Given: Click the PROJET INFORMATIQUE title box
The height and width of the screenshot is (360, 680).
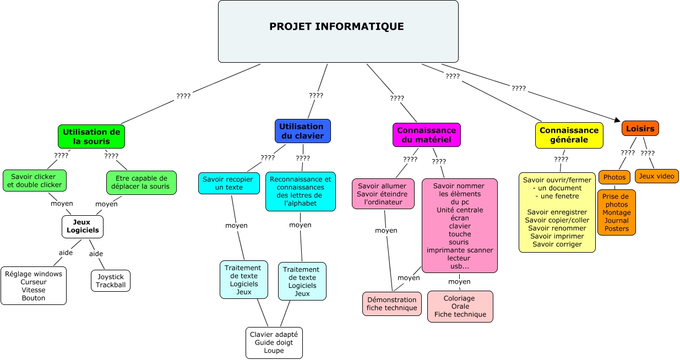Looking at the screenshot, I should click(x=338, y=31).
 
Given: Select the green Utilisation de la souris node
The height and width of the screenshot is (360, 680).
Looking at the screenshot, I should click(x=91, y=137).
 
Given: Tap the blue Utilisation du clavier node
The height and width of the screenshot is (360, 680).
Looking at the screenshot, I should click(x=302, y=131).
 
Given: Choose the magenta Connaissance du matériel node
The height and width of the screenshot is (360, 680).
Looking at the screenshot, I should click(x=426, y=135).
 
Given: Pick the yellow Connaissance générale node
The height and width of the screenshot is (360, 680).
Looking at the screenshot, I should click(x=569, y=135).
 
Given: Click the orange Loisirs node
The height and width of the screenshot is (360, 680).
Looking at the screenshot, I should click(x=640, y=128).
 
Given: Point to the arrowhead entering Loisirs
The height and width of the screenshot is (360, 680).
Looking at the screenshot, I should click(x=618, y=120).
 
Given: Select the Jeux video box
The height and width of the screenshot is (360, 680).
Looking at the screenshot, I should click(x=656, y=176).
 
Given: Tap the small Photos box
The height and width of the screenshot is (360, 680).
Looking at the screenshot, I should click(x=614, y=177).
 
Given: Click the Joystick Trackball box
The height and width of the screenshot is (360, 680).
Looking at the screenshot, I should click(x=111, y=281).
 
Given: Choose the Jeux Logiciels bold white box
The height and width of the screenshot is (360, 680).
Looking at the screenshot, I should click(x=83, y=226).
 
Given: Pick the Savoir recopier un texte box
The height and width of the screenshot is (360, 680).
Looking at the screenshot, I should click(x=229, y=183).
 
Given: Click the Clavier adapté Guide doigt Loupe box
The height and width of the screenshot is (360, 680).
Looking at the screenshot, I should click(x=274, y=342).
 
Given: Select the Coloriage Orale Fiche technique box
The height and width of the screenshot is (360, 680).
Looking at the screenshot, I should click(x=460, y=307).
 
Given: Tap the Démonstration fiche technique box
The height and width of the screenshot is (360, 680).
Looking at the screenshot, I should click(x=391, y=304).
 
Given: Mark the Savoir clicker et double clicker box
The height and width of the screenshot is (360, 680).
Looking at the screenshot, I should click(x=34, y=181).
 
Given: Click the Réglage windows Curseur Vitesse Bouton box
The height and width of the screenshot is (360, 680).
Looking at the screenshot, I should click(x=34, y=286).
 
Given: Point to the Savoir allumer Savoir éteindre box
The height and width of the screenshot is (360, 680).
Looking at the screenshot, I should click(x=383, y=194).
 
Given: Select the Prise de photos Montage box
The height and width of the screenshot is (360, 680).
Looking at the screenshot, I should click(x=616, y=212).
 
